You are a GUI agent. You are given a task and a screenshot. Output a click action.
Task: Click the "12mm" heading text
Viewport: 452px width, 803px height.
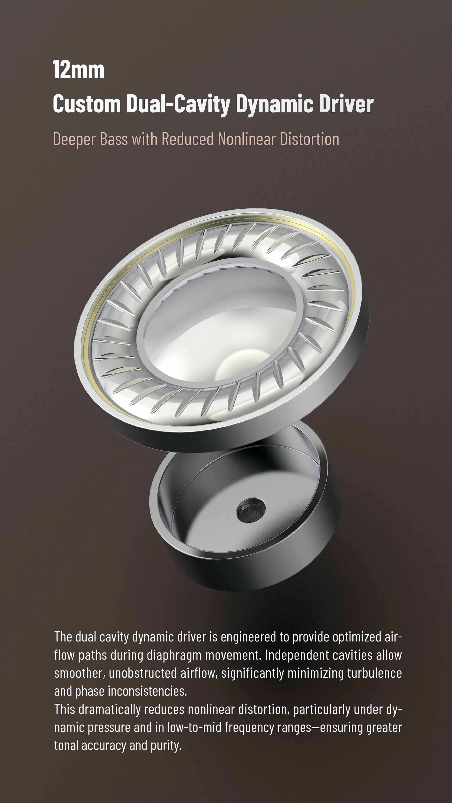pyautogui.click(x=79, y=70)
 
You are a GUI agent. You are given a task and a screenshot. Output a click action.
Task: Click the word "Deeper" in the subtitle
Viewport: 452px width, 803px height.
pyautogui.click(x=75, y=139)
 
